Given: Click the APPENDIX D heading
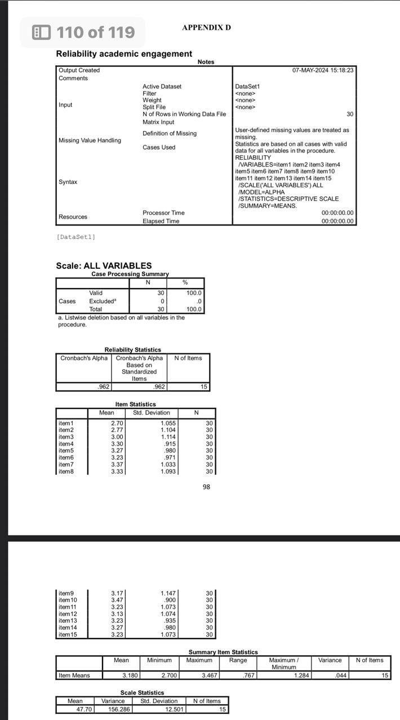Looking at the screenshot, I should click(206, 28).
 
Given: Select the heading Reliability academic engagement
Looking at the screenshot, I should click(124, 53).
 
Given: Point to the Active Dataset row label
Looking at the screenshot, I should click(162, 87).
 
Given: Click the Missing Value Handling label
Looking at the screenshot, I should click(90, 140).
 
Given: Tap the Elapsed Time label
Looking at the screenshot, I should click(161, 221).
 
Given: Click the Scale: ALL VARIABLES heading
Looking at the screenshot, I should click(104, 265).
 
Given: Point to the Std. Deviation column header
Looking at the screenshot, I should click(152, 413).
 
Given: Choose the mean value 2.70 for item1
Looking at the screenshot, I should click(117, 423).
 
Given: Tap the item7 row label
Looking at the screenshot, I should click(66, 464).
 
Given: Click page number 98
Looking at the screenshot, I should click(206, 487).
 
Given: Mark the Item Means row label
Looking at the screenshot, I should click(74, 675).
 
